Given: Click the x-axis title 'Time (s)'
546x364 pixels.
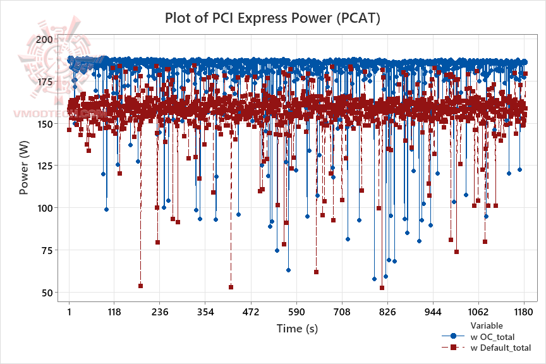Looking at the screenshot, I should [297, 329].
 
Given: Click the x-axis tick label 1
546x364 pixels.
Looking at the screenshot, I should [69, 312].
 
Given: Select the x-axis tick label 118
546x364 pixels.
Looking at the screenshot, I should [114, 312].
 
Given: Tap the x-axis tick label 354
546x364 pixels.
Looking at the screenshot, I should [205, 312].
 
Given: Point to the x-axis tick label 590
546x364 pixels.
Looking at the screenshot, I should [296, 312].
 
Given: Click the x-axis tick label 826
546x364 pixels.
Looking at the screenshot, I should [387, 312].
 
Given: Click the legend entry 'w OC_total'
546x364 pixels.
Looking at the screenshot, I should [497, 336].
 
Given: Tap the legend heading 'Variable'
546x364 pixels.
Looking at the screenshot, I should [487, 325].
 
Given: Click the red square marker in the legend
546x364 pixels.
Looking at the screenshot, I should [453, 348].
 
